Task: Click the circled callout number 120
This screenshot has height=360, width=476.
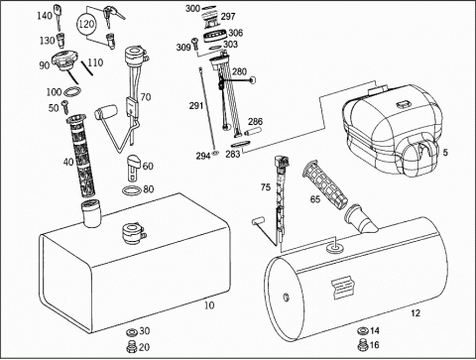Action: click(86, 24)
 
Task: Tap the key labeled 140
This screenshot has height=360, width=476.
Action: click(59, 16)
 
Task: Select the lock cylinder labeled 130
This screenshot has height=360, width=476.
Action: click(60, 40)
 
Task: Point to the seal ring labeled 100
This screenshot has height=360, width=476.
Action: click(73, 91)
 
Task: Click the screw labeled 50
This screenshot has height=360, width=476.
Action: click(65, 106)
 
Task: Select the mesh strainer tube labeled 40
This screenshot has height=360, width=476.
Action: click(81, 155)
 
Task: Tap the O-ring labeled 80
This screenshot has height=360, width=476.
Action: click(131, 190)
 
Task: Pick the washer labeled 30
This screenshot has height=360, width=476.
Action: click(132, 331)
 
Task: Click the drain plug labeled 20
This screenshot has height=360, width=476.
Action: click(132, 346)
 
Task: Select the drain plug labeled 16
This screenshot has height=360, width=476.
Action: click(363, 344)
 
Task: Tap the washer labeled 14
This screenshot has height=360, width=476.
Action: click(363, 330)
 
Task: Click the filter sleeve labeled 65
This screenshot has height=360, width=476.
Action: click(324, 182)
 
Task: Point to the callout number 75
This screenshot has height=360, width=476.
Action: click(266, 187)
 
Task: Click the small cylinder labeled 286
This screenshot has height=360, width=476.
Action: click(253, 131)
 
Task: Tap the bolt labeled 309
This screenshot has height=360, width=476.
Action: click(195, 45)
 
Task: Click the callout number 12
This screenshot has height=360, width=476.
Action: click(416, 312)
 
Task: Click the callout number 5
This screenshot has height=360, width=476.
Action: click(445, 152)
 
